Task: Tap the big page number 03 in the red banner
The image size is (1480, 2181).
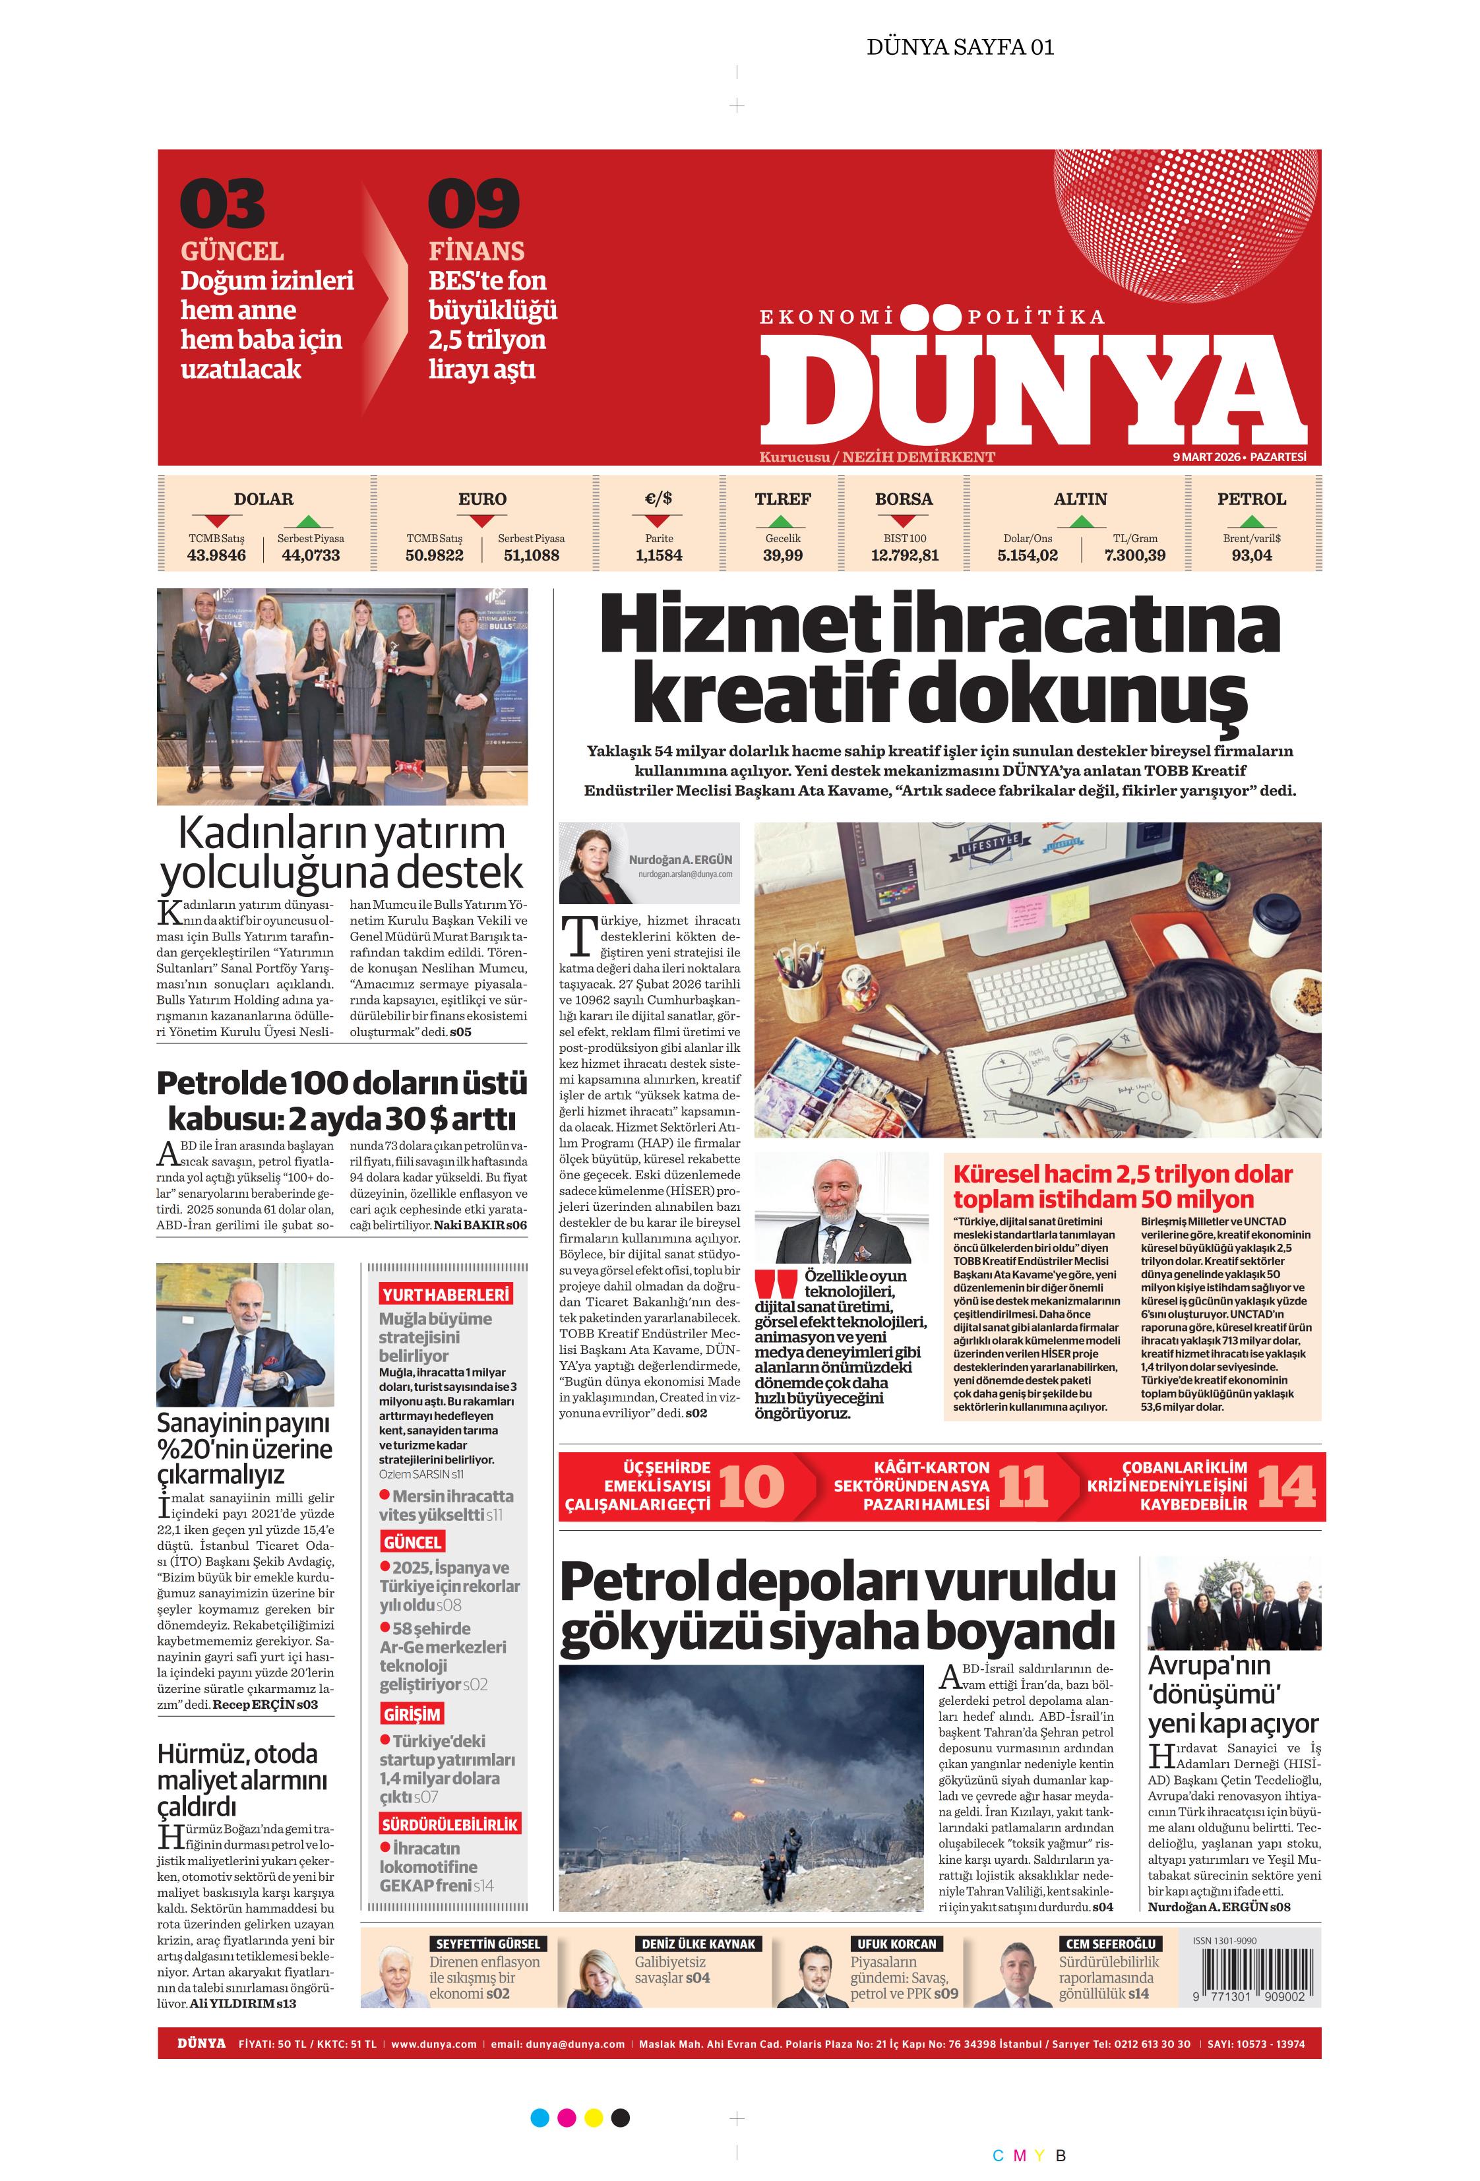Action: click(x=222, y=204)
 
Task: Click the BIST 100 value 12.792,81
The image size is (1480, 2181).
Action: click(x=904, y=555)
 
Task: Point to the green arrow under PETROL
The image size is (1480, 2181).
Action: click(x=1251, y=521)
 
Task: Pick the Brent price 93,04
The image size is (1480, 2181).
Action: click(x=1251, y=555)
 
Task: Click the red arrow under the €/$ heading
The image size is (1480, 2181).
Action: click(x=658, y=521)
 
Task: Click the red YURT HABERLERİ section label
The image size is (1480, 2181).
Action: click(x=445, y=1295)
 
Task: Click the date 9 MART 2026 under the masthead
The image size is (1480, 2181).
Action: click(x=1205, y=457)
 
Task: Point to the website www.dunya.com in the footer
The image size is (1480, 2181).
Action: click(x=433, y=2043)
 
